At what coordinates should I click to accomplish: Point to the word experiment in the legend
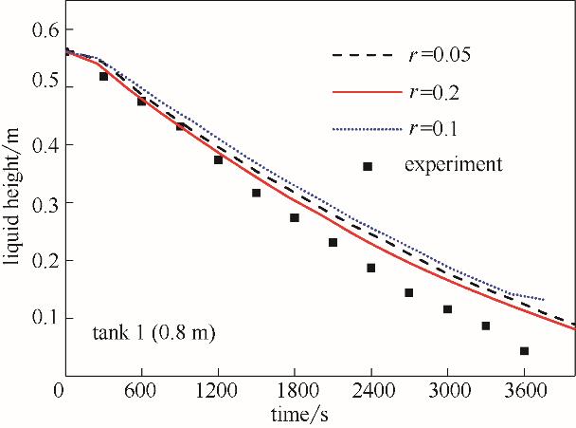(x=453, y=164)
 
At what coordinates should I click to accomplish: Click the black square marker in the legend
(x=368, y=166)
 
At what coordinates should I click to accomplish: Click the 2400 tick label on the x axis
(x=371, y=392)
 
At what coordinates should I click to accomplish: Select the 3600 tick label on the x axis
(x=524, y=392)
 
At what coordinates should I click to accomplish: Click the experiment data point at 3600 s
(x=524, y=351)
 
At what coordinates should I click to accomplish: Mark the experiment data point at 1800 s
(x=295, y=217)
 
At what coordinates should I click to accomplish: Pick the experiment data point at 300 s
(x=103, y=77)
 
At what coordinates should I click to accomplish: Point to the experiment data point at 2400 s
(x=371, y=268)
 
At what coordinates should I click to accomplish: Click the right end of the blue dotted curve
(x=544, y=300)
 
